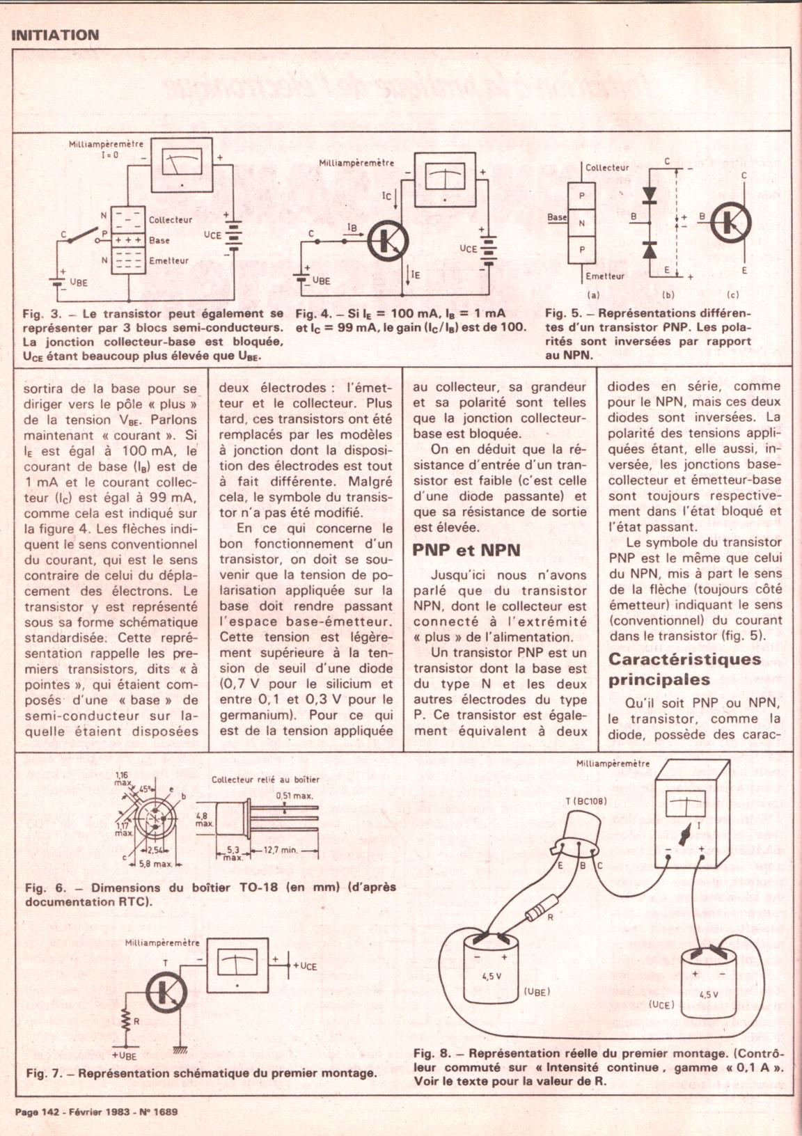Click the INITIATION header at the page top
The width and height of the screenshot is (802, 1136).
55,35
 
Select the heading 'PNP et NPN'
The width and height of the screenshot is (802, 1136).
466,550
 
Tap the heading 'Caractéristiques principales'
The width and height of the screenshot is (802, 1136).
684,669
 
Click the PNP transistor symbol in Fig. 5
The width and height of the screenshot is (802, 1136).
732,223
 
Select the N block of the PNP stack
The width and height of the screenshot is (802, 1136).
582,223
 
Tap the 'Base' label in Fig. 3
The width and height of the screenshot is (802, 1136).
159,240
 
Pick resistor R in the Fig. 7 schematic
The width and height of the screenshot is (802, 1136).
126,1020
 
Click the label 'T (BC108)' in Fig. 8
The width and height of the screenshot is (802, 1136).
585,800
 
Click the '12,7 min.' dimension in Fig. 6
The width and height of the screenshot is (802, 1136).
281,850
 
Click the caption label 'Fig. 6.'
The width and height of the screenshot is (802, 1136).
45,887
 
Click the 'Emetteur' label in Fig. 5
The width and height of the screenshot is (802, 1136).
605,276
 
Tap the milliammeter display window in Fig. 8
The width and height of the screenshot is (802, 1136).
686,804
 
